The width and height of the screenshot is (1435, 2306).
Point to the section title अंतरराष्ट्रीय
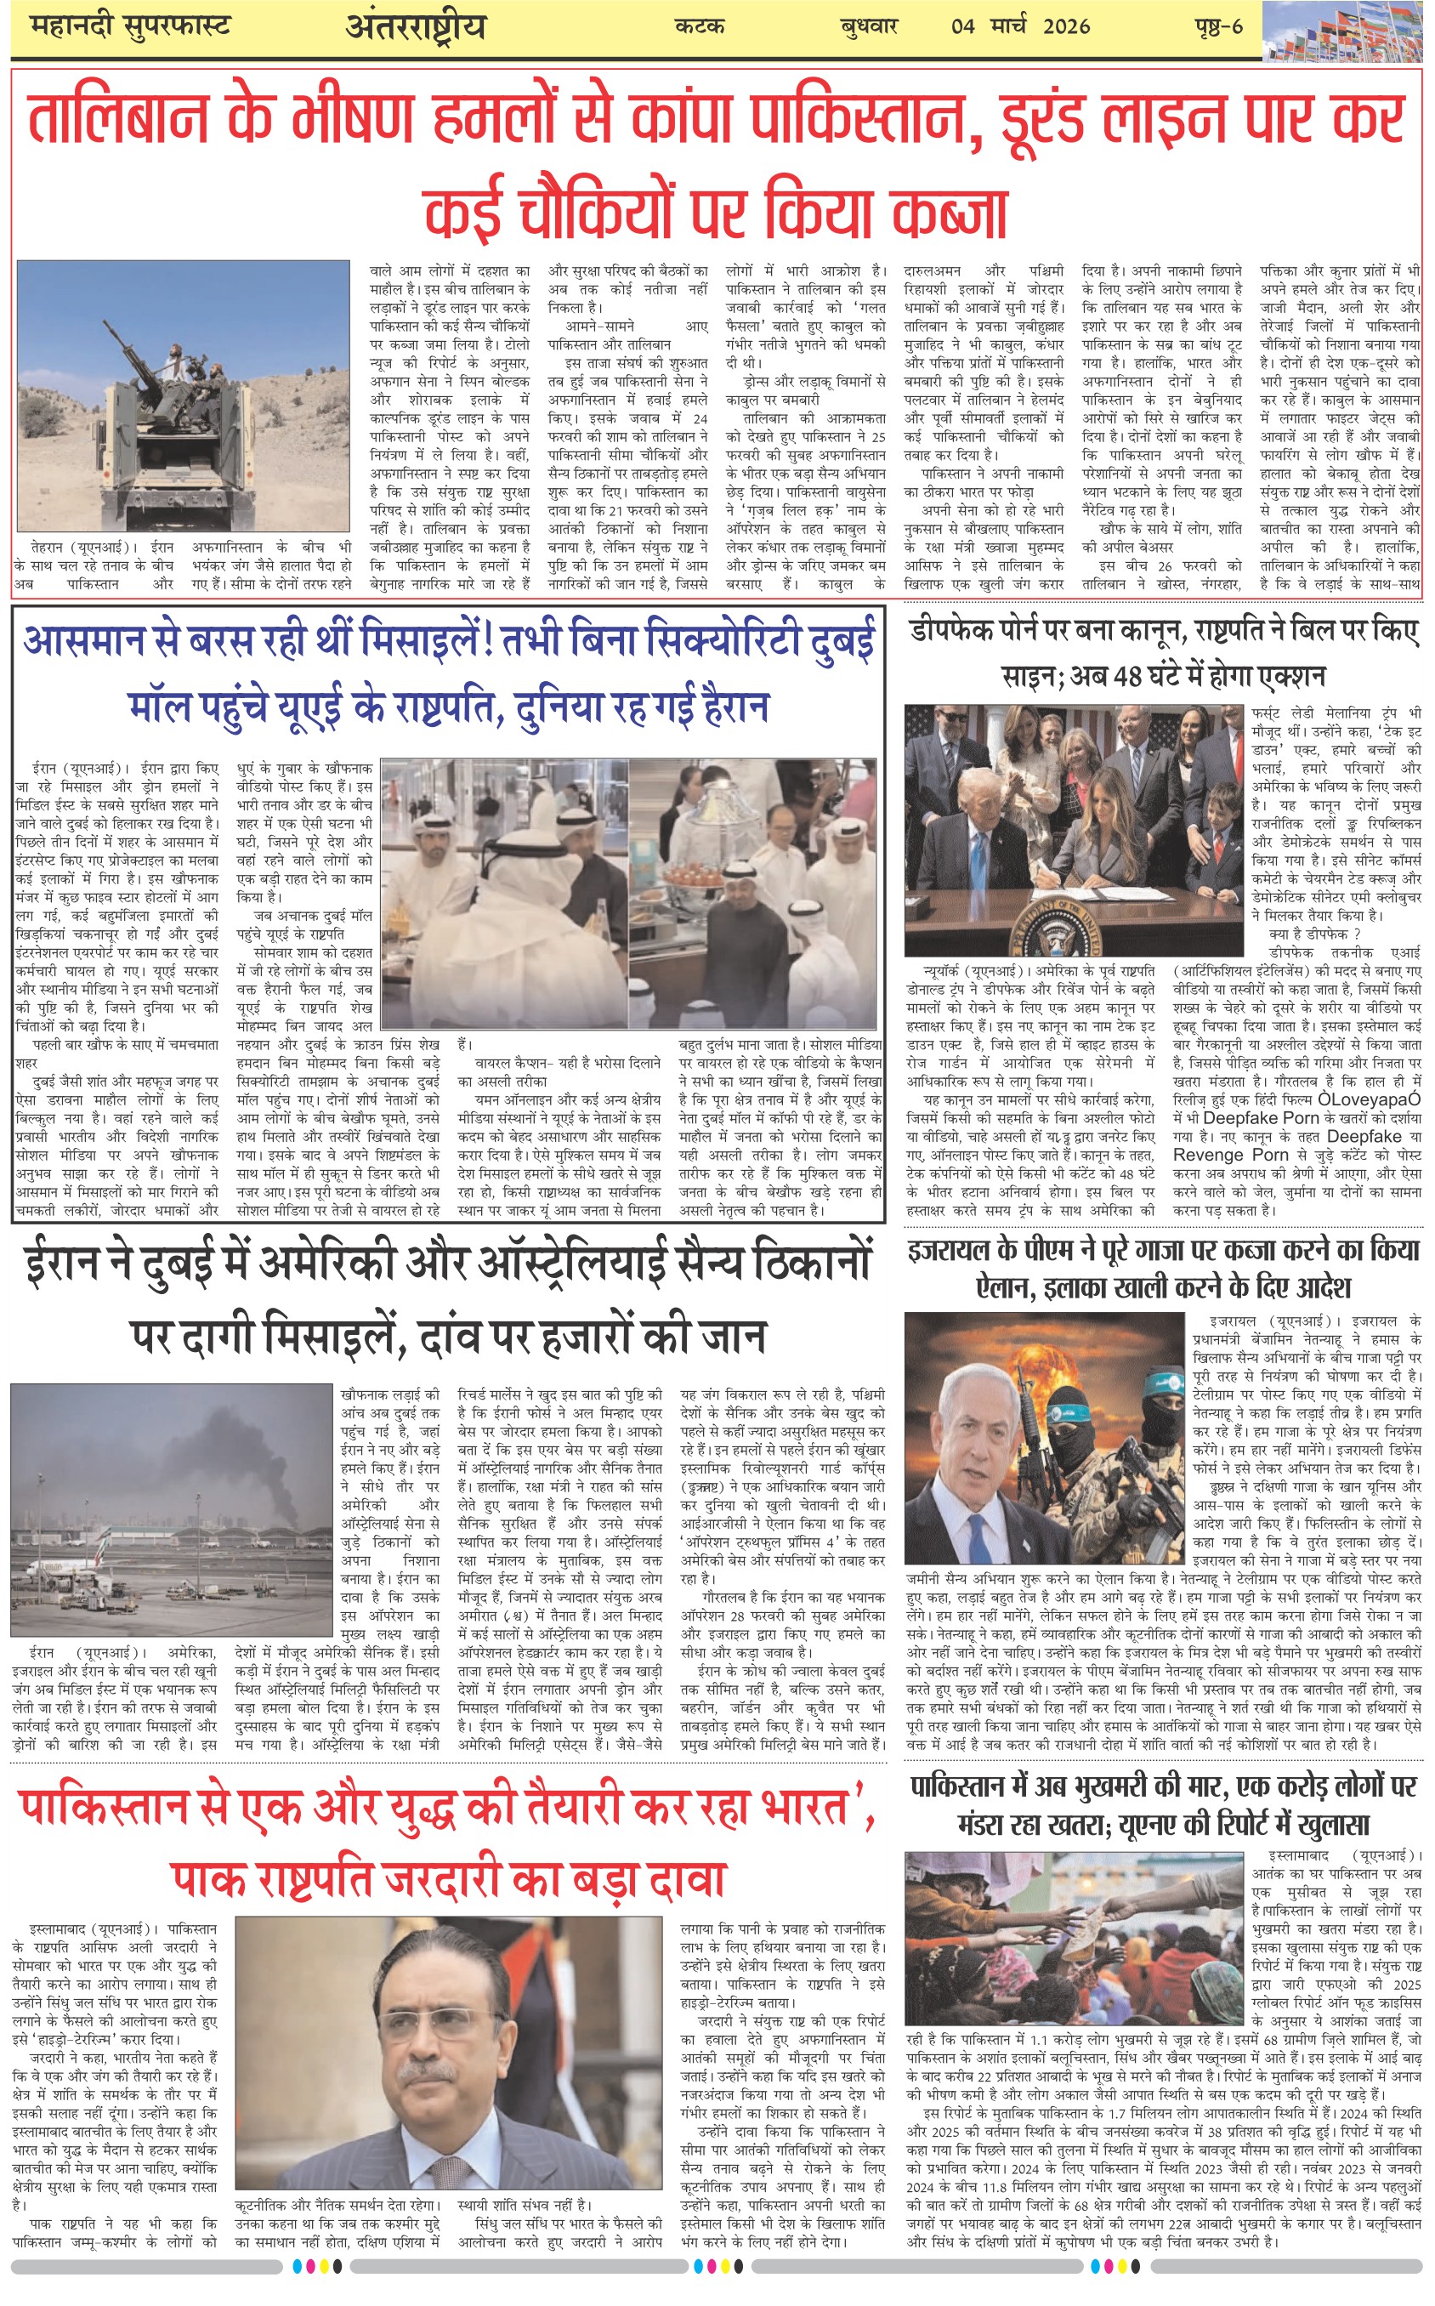pyautogui.click(x=415, y=27)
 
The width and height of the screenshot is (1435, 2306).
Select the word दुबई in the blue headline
pyautogui.click(x=841, y=643)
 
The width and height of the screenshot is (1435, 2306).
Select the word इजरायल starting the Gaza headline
pyautogui.click(x=950, y=1250)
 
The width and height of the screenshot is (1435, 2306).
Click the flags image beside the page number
pyautogui.click(x=1347, y=31)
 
